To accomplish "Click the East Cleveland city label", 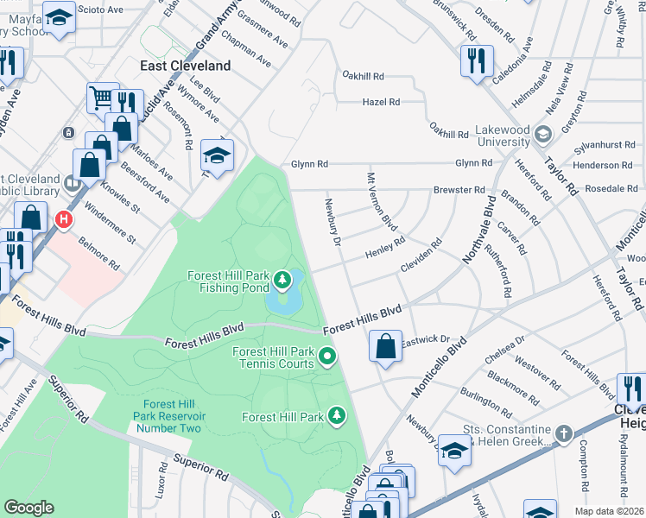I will [186, 66].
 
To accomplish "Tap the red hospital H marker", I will [63, 221].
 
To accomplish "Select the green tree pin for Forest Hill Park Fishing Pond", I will [282, 279].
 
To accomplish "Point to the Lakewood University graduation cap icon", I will [542, 134].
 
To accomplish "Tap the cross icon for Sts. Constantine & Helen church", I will [563, 433].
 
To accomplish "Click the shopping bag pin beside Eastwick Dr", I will [385, 346].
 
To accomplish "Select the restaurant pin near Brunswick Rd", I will [477, 60].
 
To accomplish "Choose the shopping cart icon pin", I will [103, 98].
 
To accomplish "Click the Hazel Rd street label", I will [381, 102].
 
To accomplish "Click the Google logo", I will [28, 507].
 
